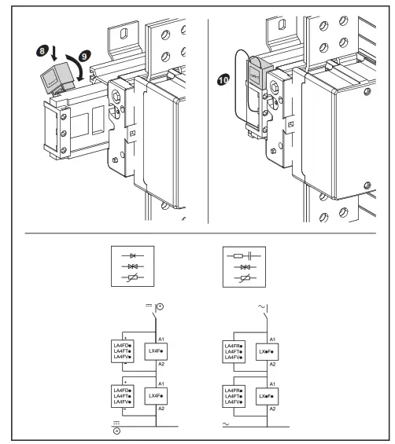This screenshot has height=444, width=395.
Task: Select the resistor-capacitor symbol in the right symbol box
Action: pyautogui.click(x=242, y=256)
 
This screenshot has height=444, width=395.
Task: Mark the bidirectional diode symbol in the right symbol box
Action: pyautogui.click(x=242, y=269)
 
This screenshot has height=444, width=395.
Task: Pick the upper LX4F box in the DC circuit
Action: pyautogui.click(x=154, y=350)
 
